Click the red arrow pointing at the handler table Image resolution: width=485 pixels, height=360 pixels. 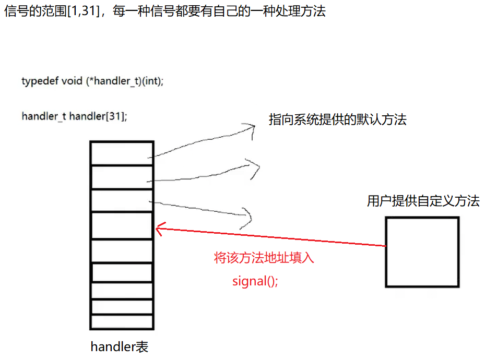coord(271,236)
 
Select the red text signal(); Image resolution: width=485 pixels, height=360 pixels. coord(255,281)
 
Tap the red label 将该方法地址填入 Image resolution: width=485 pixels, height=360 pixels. coord(264,258)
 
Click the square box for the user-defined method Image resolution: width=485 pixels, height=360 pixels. coord(422,252)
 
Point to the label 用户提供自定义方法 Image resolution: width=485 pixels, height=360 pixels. coord(423,201)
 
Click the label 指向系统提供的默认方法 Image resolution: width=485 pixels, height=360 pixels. coord(337,119)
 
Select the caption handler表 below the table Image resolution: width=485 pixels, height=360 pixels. coord(120,346)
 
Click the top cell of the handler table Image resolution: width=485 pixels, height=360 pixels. coord(121,153)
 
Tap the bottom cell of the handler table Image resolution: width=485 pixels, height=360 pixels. coord(121,322)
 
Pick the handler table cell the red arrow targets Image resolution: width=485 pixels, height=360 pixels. coord(121,226)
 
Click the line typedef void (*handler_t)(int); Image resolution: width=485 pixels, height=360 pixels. coord(93,81)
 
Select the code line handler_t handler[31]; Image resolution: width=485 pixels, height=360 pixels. coord(75,116)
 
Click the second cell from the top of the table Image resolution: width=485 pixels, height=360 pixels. coord(121,177)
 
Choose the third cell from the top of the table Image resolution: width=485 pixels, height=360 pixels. coord(121,201)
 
